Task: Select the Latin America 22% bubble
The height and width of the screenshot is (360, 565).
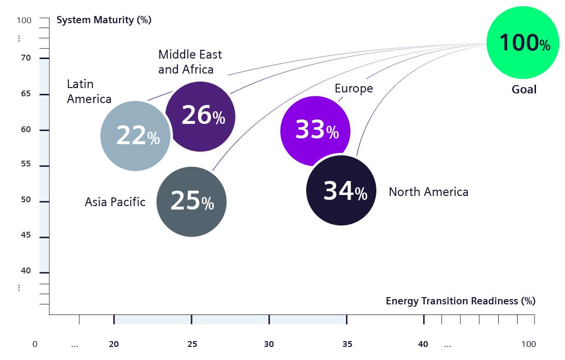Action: click(135, 136)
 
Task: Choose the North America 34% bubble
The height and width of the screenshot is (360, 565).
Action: click(342, 190)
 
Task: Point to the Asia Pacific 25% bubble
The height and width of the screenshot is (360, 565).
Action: click(192, 202)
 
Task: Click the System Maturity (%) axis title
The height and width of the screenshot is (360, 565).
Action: click(104, 20)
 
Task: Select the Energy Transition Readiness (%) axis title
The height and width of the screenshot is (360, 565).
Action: click(460, 301)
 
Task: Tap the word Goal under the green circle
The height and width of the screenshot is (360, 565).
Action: click(524, 90)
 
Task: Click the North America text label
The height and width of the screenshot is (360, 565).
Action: click(428, 192)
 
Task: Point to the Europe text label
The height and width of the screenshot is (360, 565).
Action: click(354, 89)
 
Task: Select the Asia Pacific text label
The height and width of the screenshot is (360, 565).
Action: click(115, 202)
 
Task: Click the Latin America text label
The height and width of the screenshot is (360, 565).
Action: click(89, 91)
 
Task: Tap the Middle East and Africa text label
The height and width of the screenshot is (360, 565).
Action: click(190, 62)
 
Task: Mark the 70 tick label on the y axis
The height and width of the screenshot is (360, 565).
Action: click(26, 58)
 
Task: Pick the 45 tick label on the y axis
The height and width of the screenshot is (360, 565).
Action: click(26, 235)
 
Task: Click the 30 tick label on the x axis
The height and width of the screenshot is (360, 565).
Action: click(269, 344)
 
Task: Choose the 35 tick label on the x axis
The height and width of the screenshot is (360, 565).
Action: click(347, 344)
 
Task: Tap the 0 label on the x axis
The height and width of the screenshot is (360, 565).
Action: click(35, 344)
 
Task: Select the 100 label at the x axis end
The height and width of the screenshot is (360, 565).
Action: click(528, 344)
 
